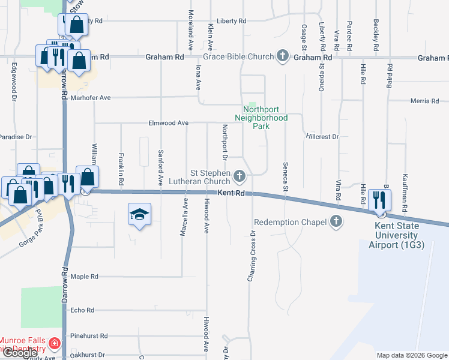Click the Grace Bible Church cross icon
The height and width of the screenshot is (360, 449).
tap(283, 56)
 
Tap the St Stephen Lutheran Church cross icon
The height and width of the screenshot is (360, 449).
tap(240, 176)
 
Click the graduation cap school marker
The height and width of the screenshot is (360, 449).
tap(139, 214)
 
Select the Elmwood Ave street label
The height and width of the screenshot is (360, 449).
tap(169, 123)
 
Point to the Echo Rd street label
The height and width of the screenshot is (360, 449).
tap(82, 310)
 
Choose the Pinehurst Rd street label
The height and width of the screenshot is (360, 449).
tap(88, 336)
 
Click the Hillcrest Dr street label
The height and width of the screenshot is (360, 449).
tap(322, 137)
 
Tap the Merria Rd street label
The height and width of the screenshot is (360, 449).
tap(425, 101)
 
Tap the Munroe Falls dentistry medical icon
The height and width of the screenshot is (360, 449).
tap(54, 344)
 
